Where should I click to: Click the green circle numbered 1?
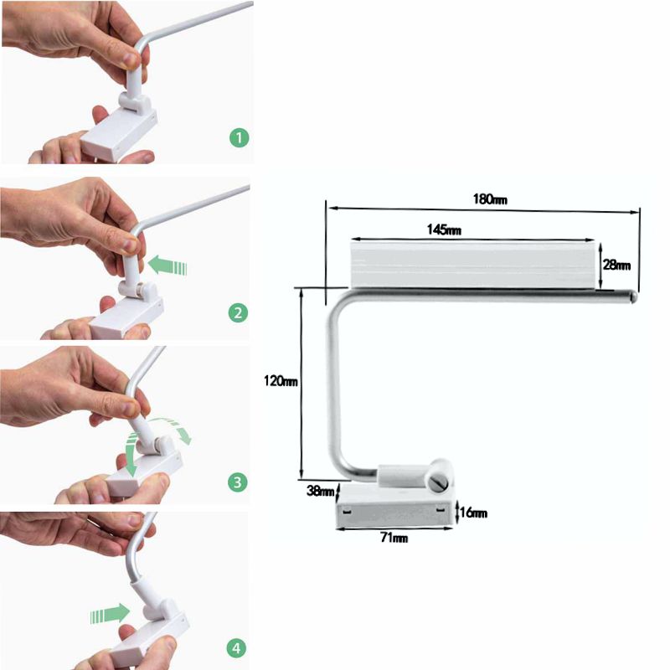click(239, 137)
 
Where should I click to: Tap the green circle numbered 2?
click(238, 312)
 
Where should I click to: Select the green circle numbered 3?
click(238, 482)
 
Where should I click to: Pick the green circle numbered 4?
click(236, 648)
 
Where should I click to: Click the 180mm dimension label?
click(490, 199)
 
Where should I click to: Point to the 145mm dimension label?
click(444, 229)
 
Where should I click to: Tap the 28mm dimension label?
click(616, 265)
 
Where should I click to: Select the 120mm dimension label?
click(281, 380)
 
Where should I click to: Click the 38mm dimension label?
click(320, 491)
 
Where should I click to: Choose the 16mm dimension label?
click(473, 513)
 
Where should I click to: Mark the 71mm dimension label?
click(394, 537)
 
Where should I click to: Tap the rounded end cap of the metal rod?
click(633, 296)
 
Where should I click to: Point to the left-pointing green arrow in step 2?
click(167, 265)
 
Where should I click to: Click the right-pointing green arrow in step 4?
click(111, 614)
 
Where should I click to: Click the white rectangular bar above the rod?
click(472, 264)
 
